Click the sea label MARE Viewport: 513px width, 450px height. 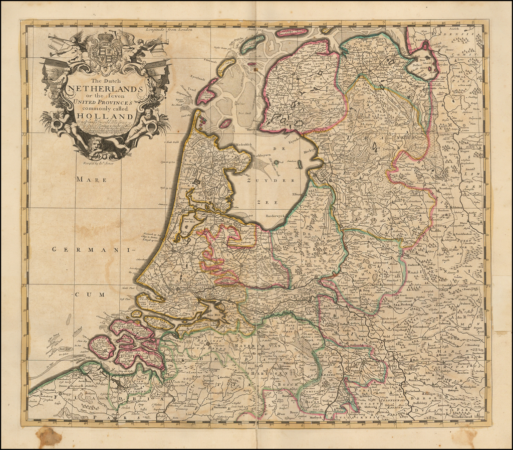click(91, 180)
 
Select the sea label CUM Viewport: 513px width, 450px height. click(85, 294)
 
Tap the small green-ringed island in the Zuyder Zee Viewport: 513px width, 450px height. click(276, 162)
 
